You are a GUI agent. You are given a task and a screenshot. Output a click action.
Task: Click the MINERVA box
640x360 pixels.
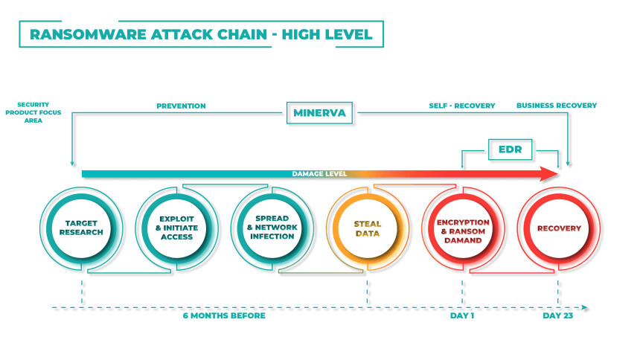click(319, 113)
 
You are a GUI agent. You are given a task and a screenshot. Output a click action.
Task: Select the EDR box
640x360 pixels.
click(511, 150)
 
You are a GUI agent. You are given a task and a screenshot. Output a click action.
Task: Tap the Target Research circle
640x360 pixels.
click(81, 228)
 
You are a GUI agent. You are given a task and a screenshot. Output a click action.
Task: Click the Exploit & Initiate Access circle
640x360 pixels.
click(176, 228)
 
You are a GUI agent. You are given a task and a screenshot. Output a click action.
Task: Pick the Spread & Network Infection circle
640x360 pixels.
click(272, 228)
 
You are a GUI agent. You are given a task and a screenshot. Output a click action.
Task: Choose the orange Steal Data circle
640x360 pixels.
click(368, 228)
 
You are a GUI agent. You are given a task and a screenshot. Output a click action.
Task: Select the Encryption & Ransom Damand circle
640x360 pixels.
click(464, 228)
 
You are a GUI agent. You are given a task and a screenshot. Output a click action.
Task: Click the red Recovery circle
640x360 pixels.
click(559, 228)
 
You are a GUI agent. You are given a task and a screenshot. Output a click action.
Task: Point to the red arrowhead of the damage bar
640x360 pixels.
click(549, 174)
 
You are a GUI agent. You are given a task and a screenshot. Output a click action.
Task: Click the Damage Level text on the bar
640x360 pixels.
click(319, 174)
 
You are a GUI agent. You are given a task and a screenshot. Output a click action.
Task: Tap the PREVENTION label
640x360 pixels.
click(182, 106)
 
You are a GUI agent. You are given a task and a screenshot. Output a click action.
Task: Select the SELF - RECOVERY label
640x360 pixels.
click(462, 106)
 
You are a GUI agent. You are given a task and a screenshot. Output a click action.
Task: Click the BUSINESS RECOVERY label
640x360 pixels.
click(557, 106)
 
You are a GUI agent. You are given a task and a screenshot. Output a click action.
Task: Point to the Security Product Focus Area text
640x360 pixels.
click(33, 112)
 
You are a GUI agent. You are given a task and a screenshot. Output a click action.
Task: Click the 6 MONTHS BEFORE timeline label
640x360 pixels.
click(224, 315)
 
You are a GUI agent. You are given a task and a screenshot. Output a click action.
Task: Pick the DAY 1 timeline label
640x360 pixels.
click(462, 315)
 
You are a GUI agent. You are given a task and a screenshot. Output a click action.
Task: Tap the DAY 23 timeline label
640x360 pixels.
click(558, 315)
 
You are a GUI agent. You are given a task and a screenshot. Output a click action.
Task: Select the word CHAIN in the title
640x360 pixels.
click(242, 34)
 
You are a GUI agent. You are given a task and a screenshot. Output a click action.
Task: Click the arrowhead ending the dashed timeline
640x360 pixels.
click(585, 307)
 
